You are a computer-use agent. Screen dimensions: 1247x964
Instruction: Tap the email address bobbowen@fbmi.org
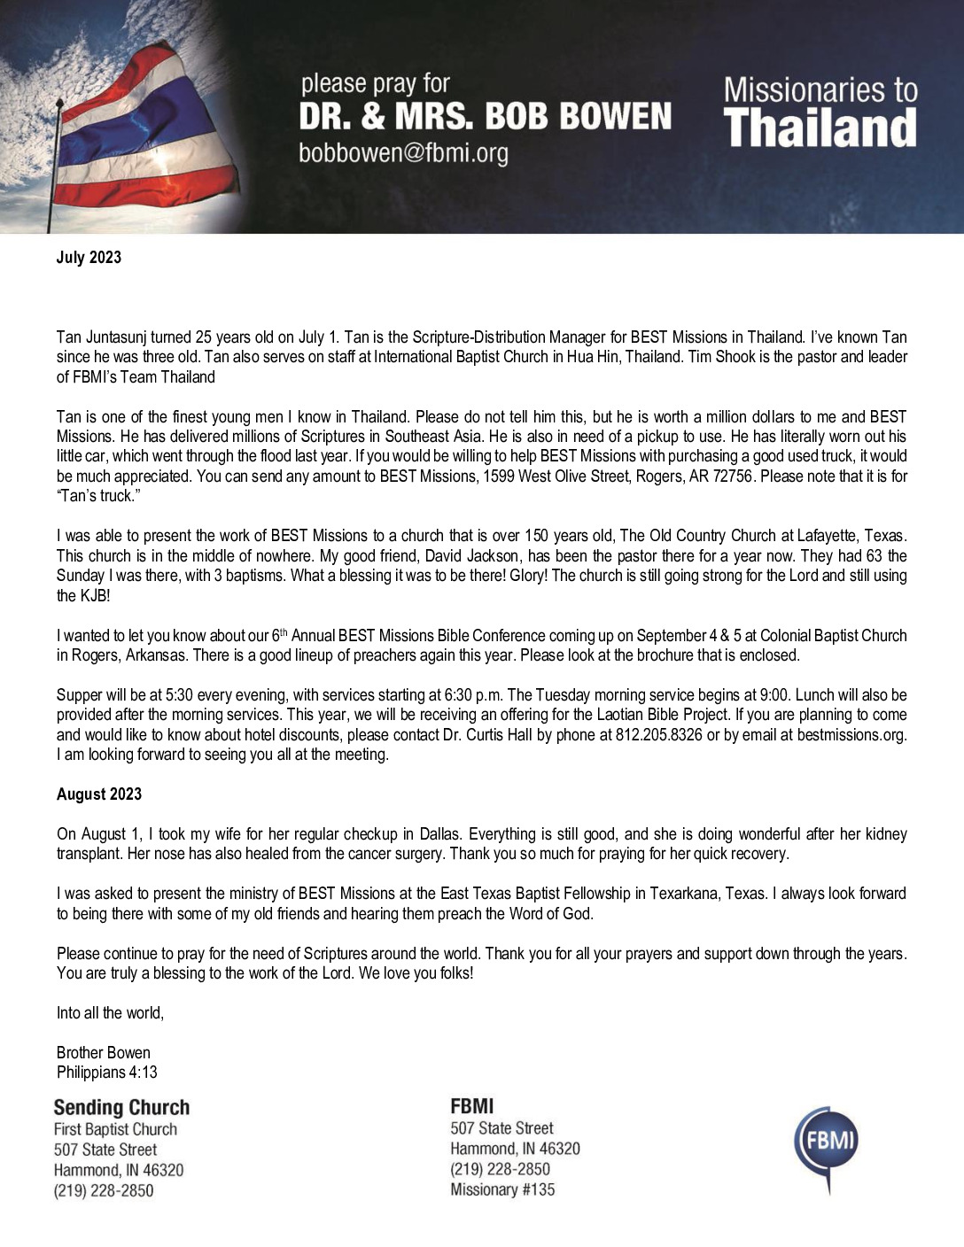(403, 153)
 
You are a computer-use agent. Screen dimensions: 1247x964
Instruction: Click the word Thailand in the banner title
(820, 128)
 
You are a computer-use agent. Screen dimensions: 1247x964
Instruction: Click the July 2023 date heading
(89, 258)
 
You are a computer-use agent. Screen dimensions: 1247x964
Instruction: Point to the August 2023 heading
(99, 794)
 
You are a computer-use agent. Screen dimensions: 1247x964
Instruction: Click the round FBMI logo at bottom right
(826, 1149)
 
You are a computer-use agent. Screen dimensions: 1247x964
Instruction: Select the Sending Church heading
(121, 1107)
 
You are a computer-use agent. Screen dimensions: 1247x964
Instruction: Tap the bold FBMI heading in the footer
(472, 1105)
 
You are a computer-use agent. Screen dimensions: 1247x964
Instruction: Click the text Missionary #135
(502, 1189)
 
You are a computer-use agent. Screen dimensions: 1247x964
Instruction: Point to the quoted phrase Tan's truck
(98, 496)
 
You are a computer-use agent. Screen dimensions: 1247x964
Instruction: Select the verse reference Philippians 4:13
(106, 1073)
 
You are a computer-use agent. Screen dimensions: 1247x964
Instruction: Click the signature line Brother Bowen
(103, 1053)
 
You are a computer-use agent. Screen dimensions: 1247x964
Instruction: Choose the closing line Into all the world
(110, 1013)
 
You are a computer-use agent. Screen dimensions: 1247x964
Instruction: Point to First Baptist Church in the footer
(115, 1129)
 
